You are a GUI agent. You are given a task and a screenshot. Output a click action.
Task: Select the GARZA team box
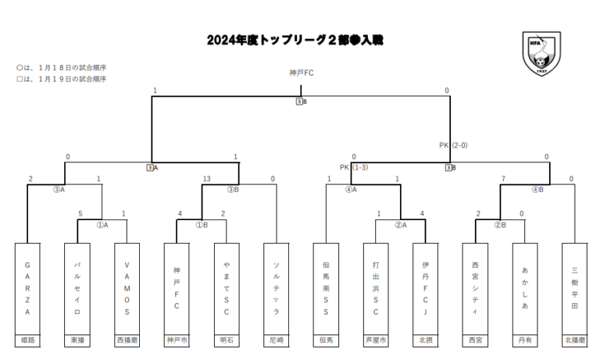click(27, 289)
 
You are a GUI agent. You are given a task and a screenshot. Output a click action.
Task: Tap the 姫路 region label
click(27, 341)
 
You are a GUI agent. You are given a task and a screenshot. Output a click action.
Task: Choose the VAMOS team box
click(127, 289)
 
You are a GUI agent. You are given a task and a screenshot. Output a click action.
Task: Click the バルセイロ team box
click(77, 289)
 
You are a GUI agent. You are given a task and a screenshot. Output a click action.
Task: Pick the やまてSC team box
click(227, 289)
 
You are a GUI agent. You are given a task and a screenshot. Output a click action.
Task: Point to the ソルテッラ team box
click(277, 289)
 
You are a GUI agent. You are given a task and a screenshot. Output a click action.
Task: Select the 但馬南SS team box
click(327, 289)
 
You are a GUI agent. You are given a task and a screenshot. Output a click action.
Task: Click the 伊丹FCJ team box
click(426, 289)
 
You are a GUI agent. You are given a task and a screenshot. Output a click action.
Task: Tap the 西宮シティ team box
click(475, 289)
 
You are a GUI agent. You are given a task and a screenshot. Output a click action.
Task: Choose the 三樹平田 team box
click(574, 289)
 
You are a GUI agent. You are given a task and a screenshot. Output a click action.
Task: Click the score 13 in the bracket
click(207, 179)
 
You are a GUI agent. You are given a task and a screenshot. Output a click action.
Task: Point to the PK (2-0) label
click(454, 144)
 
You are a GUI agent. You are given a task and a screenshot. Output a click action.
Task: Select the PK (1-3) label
click(354, 167)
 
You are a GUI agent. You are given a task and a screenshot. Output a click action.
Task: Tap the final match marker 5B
click(301, 102)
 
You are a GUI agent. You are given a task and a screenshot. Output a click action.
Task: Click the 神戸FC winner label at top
click(301, 73)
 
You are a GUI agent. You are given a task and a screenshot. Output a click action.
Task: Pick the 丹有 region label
click(525, 341)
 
